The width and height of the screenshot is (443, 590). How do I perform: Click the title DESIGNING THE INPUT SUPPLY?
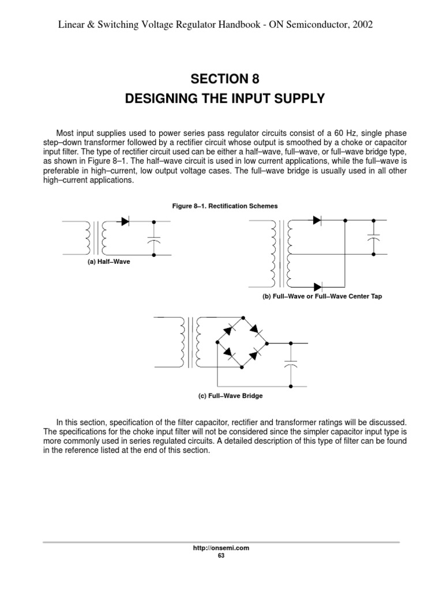point(225,99)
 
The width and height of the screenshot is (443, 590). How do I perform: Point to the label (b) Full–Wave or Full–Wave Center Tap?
point(322,296)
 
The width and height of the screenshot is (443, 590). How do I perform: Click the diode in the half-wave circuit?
point(124,221)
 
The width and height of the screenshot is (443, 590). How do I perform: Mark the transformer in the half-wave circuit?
point(96,237)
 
